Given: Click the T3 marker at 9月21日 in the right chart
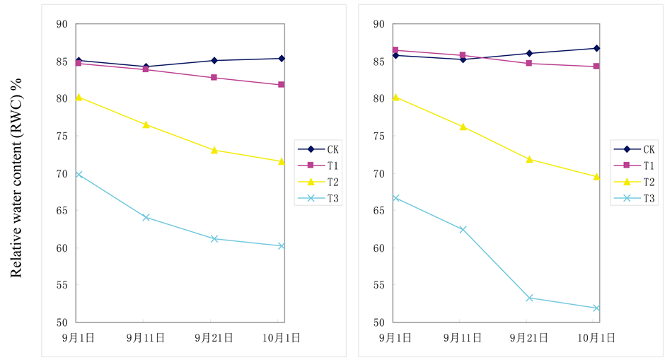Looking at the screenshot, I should [529, 298].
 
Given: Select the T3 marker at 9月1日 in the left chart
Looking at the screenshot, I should [79, 174].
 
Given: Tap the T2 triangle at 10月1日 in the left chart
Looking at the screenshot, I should [282, 161].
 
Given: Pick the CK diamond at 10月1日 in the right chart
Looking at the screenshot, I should [596, 48].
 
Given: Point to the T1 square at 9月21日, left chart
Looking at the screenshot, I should [214, 77].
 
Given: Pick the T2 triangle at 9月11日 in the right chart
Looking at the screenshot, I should [463, 127].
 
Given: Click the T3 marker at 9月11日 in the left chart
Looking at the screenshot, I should [146, 217].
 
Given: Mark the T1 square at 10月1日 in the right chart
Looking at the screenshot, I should [596, 66].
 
